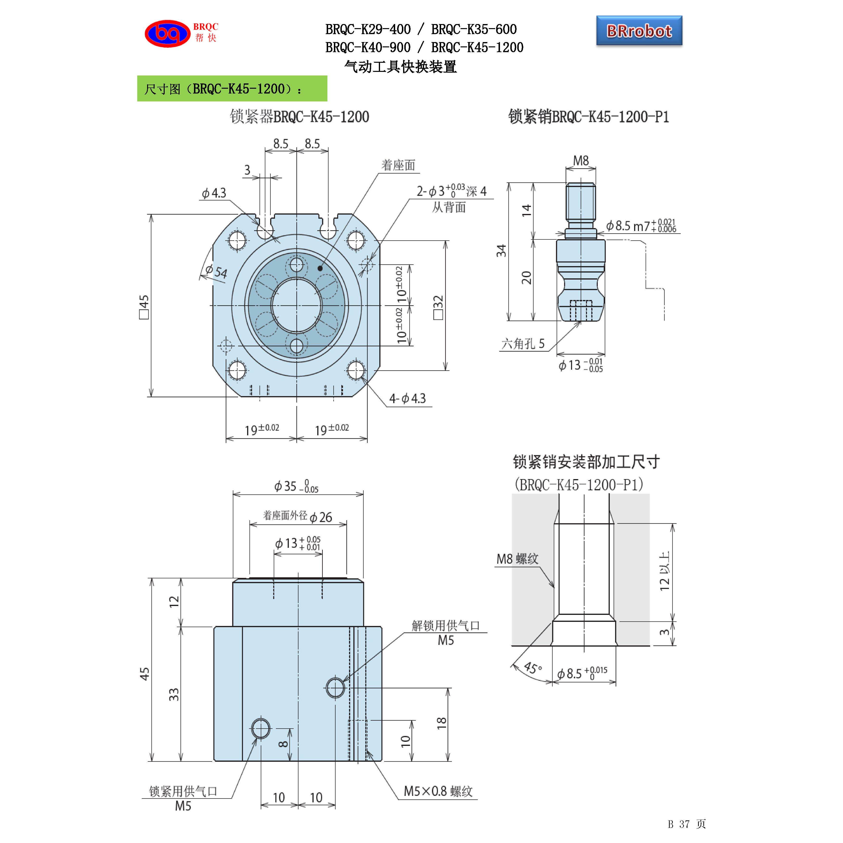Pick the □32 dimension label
pyautogui.click(x=438, y=307)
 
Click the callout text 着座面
pyautogui.click(x=398, y=165)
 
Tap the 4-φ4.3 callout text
pyautogui.click(x=407, y=398)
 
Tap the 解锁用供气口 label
pyautogui.click(x=445, y=626)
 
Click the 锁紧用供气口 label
pyautogui.click(x=183, y=792)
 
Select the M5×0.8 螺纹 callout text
pyautogui.click(x=438, y=792)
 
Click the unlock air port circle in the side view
pyautogui.click(x=335, y=688)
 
